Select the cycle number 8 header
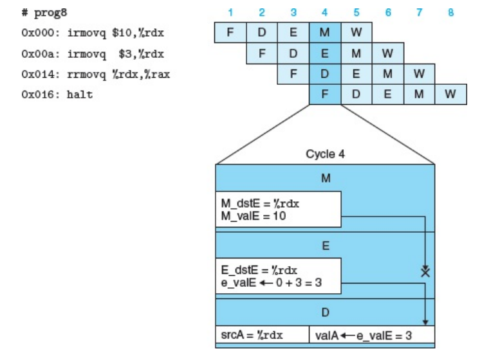[x=450, y=12]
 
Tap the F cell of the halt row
[x=325, y=94]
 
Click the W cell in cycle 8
[x=450, y=94]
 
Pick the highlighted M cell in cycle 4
[x=325, y=32]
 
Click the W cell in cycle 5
[x=356, y=32]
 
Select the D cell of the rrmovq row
[x=325, y=73]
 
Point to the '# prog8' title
[x=39, y=13]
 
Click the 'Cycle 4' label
[x=325, y=154]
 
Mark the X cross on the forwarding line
[x=425, y=271]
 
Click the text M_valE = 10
[x=253, y=216]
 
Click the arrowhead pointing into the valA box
[x=425, y=323]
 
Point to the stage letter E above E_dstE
[x=325, y=244]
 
